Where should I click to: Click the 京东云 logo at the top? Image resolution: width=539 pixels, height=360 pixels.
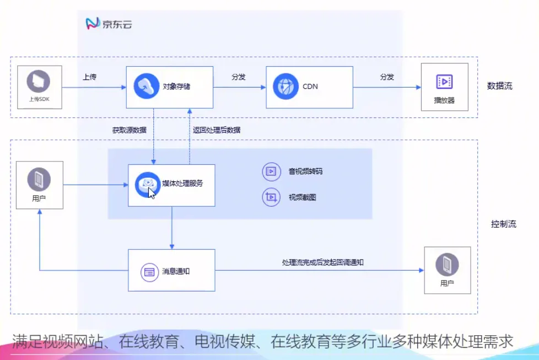[x=109, y=23]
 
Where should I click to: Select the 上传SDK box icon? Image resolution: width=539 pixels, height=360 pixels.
[x=39, y=81]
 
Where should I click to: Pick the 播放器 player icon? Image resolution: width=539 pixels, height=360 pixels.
[x=444, y=82]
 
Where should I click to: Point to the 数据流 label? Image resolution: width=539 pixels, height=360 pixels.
[x=499, y=86]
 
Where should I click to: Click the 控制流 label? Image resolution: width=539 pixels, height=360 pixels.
[x=503, y=224]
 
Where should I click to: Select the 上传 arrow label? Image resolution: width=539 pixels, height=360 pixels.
[x=90, y=77]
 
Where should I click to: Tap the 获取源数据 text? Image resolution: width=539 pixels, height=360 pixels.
[x=130, y=131]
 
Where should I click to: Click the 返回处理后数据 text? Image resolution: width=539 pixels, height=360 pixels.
[x=217, y=131]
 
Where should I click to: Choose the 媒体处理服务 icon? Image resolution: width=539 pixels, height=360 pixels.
[x=147, y=184]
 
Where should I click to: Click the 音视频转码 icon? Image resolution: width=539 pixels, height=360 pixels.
[x=271, y=171]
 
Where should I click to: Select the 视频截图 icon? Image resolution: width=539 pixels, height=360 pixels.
[x=271, y=197]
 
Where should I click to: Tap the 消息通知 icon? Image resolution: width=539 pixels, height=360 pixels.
[x=149, y=271]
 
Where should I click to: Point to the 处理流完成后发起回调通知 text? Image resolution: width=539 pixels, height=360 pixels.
[x=322, y=262]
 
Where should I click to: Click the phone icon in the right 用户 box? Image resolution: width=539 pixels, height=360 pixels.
[x=447, y=265]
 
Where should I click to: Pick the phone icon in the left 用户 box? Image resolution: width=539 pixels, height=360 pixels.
[x=39, y=179]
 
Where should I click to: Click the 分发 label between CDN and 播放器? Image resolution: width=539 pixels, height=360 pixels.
[x=387, y=77]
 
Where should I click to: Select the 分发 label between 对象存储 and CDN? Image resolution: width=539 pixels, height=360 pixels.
[x=239, y=77]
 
